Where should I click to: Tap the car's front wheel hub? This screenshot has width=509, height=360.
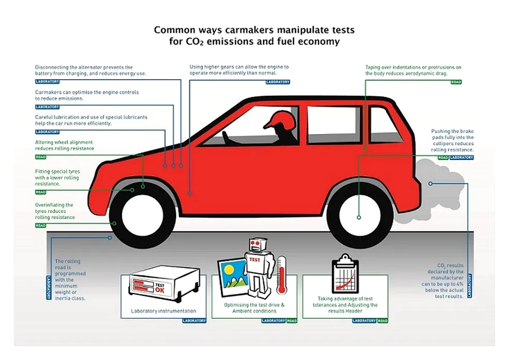click(x=142, y=215)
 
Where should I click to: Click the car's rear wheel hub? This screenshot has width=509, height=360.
click(x=359, y=215)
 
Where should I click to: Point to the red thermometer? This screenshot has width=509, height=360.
click(x=281, y=275)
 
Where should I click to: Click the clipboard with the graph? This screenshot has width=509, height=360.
click(x=345, y=274)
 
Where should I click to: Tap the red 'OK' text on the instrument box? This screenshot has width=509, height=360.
click(x=159, y=290)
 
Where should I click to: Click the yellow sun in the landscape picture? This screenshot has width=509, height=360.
click(x=229, y=269)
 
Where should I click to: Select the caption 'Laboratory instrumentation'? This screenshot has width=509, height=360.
click(x=163, y=311)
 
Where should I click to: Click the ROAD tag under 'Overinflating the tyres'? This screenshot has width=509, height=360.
click(x=41, y=226)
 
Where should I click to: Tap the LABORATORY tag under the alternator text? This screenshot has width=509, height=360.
click(x=47, y=81)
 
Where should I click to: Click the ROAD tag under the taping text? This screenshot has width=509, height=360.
click(x=456, y=82)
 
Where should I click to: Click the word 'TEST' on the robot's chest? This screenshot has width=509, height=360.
click(x=255, y=260)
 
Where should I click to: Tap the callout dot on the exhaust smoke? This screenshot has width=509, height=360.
click(x=430, y=184)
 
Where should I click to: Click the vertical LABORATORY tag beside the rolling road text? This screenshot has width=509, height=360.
click(x=49, y=287)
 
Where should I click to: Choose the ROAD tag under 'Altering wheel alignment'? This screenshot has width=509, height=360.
click(x=41, y=157)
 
